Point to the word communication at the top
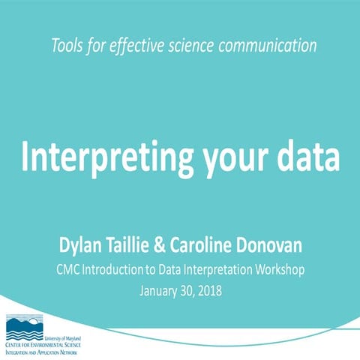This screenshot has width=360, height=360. tap(271, 46)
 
